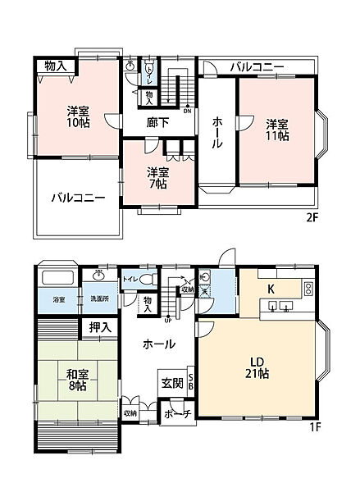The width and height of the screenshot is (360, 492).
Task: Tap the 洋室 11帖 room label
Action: [x=277, y=130]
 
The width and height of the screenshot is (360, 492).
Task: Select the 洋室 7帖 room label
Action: [x=157, y=177]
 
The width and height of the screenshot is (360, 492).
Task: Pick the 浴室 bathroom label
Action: [x=58, y=300]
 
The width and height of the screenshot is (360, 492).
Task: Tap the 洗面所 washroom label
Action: [x=98, y=300]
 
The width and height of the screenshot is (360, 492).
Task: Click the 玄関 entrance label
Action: [x=171, y=382]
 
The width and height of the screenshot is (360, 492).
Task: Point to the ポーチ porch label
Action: [x=176, y=415]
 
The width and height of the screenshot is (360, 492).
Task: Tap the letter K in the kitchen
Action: [x=271, y=289]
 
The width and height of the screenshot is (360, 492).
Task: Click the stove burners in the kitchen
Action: [x=308, y=288]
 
